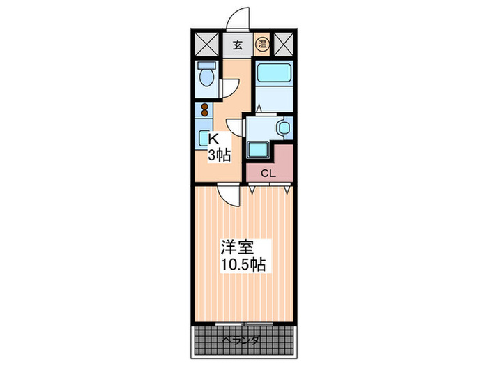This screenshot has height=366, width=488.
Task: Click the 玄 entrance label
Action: [237, 46]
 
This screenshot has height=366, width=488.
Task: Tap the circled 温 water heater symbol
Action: [261, 46]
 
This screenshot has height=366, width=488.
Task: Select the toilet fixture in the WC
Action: [205, 77]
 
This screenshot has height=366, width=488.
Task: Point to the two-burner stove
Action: [205, 111]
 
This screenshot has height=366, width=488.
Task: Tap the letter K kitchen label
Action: [213, 139]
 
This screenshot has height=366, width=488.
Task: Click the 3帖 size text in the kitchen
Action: [218, 155]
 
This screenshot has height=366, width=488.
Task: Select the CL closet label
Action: [268, 174]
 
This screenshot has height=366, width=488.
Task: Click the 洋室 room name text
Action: [236, 247]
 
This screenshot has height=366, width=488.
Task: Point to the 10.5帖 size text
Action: [243, 266]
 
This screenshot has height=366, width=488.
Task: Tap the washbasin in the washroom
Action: [282, 128]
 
